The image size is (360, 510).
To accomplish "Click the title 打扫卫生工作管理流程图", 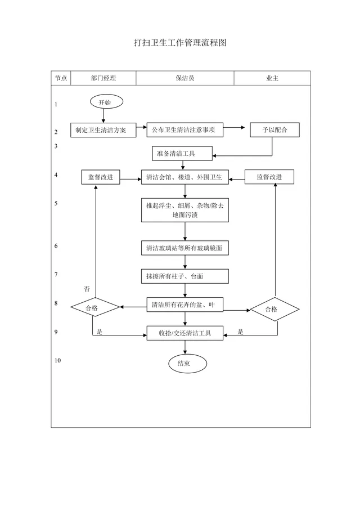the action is pyautogui.click(x=180, y=43).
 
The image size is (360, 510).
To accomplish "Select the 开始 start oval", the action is pyautogui.click(x=106, y=102).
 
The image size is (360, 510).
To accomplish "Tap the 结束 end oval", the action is pyautogui.click(x=187, y=364).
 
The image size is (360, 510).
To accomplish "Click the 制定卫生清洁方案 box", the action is pyautogui.click(x=103, y=130).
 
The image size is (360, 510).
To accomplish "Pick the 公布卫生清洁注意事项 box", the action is pyautogui.click(x=185, y=130).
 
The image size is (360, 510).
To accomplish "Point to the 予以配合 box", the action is pyautogui.click(x=274, y=130).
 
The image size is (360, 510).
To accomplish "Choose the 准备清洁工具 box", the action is pyautogui.click(x=182, y=154).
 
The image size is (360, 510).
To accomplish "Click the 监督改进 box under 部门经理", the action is pyautogui.click(x=100, y=177).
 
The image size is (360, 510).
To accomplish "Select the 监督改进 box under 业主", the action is pyautogui.click(x=269, y=177).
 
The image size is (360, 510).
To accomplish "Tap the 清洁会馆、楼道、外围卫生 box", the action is pyautogui.click(x=185, y=177).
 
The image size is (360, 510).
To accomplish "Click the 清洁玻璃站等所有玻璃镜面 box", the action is pyautogui.click(x=185, y=248).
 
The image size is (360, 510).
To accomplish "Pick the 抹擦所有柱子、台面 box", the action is pyautogui.click(x=185, y=276).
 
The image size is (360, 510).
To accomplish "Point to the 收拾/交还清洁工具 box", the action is pyautogui.click(x=185, y=333).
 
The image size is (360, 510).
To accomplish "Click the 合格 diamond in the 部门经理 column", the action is pyautogui.click(x=95, y=307).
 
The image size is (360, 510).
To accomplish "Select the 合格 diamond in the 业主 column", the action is pyautogui.click(x=275, y=309).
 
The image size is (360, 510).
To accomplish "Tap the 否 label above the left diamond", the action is pyautogui.click(x=87, y=289).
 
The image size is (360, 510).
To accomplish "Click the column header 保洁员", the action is pyautogui.click(x=185, y=78).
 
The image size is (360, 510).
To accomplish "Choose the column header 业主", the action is pyautogui.click(x=272, y=78).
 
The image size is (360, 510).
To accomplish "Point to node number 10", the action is pyautogui.click(x=57, y=360).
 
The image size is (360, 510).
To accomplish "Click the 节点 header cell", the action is pyautogui.click(x=61, y=78).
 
